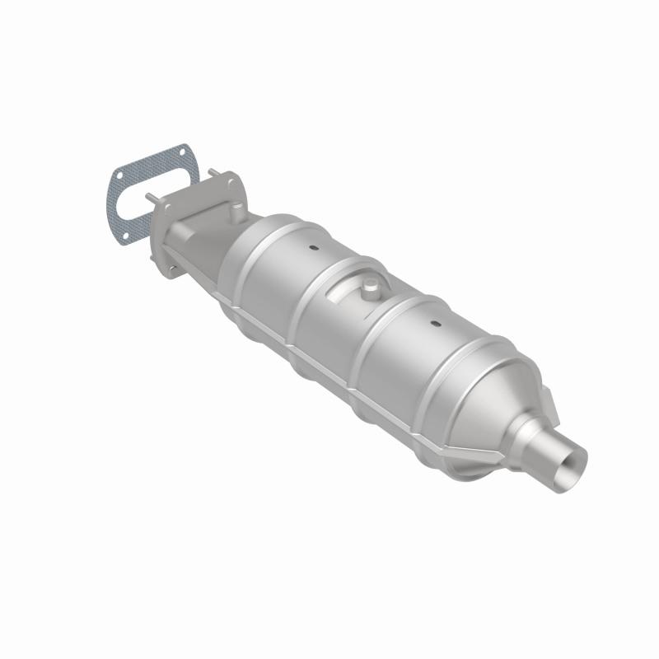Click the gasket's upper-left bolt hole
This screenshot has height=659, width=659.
[119, 175]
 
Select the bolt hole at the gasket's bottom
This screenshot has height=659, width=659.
[125, 239]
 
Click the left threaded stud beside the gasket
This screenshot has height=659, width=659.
[151, 198]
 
